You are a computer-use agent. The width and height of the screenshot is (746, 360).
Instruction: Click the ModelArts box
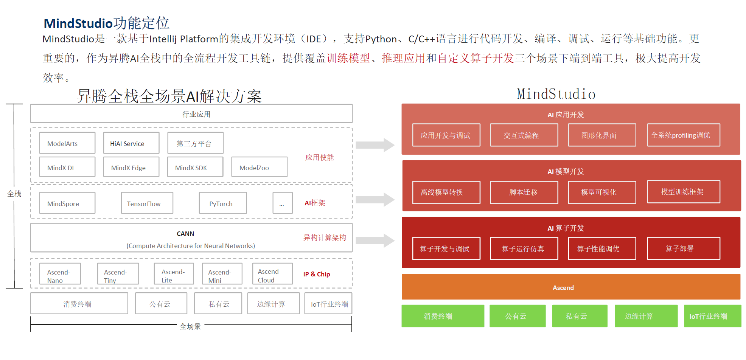(67, 143)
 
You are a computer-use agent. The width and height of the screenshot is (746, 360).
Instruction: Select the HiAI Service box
(131, 143)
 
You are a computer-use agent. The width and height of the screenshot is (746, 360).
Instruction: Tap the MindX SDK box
(195, 167)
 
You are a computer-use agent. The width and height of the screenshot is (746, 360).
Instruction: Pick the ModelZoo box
(259, 167)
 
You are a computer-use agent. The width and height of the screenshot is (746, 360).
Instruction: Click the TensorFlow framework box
(147, 203)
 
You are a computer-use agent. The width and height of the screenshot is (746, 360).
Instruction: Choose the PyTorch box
(222, 203)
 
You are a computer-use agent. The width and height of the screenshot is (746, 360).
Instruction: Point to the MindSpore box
(67, 203)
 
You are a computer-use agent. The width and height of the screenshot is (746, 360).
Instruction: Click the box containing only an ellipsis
(282, 203)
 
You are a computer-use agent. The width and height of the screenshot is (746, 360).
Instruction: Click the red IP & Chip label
(316, 274)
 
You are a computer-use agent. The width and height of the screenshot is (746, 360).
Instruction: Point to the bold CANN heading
(185, 234)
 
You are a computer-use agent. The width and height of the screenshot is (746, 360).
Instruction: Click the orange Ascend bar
(570, 287)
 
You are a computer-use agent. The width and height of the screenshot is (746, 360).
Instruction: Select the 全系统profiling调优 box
(683, 135)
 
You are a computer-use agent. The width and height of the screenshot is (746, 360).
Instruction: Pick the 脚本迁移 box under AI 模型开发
(524, 192)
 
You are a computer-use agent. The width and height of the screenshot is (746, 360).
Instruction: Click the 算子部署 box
(683, 248)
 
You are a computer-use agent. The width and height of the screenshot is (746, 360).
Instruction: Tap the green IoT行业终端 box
(712, 316)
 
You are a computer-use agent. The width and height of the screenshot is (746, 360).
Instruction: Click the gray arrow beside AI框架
(375, 200)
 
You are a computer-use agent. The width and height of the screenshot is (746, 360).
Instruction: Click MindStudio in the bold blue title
(78, 23)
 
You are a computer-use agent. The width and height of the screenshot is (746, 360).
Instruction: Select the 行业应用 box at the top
(191, 113)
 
